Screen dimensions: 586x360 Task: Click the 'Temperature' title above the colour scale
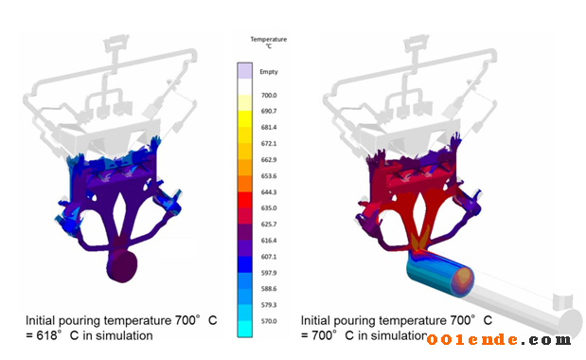(x=269, y=39)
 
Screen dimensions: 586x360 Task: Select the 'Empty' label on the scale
(x=269, y=72)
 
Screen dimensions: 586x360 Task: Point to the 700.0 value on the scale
(x=269, y=96)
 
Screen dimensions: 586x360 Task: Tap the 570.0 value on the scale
(x=269, y=321)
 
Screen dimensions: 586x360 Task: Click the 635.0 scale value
(x=269, y=207)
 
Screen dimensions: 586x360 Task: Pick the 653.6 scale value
(x=269, y=175)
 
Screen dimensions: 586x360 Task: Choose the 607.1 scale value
(x=269, y=257)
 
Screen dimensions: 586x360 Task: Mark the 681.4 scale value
(x=269, y=128)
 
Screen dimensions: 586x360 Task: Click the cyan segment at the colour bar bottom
(x=245, y=329)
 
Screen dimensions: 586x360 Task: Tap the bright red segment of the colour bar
(x=245, y=200)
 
